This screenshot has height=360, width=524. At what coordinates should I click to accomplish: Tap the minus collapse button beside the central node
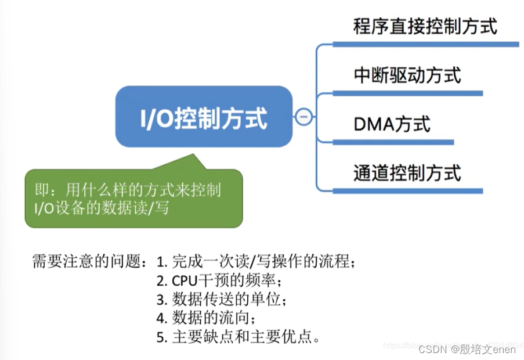303,117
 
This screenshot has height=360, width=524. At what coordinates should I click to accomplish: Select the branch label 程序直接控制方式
425,26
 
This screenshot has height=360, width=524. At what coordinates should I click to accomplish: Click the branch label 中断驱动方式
407,75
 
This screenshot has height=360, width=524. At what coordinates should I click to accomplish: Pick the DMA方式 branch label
392,124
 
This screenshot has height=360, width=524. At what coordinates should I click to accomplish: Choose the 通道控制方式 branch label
407,172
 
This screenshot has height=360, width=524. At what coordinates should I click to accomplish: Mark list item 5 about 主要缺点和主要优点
238,337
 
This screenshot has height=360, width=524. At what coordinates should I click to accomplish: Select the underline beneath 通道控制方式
407,190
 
